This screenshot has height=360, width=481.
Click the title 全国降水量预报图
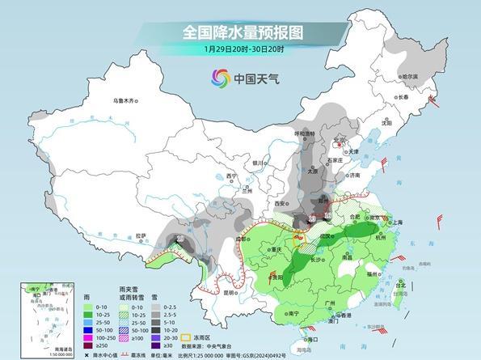(241, 32)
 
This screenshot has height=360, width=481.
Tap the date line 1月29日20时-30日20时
(240, 49)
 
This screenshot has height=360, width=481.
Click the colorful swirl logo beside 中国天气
(220, 78)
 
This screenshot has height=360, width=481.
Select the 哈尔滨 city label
(410, 77)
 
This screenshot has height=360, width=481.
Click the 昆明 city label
(232, 293)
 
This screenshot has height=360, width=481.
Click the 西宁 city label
(233, 176)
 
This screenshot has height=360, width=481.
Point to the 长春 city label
(404, 97)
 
